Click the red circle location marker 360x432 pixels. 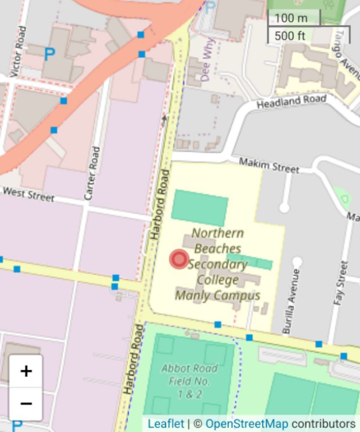(178, 259)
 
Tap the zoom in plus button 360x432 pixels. (26, 371)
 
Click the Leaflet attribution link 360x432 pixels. (166, 424)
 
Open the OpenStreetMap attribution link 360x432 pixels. (246, 424)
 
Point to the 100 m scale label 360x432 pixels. (291, 18)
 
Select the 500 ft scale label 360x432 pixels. (290, 35)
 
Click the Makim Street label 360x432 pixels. (269, 165)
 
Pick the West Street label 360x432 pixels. (29, 194)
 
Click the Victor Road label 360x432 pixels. (18, 52)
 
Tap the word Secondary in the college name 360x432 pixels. (218, 264)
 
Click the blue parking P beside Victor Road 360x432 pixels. (50, 54)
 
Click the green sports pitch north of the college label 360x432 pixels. (200, 207)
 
